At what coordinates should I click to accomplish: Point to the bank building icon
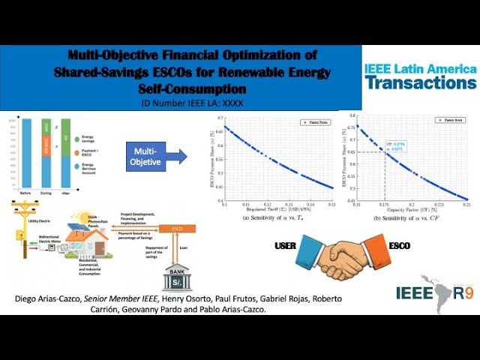pos(179,277)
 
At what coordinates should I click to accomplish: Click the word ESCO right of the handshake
pos(400,244)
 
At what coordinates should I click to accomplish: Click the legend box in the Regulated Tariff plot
pos(314,121)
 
